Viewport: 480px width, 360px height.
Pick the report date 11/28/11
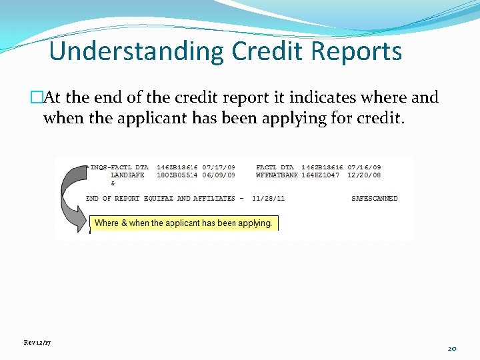[269, 198]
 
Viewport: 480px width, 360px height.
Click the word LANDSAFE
[127, 175]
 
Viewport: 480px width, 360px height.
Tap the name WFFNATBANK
[277, 175]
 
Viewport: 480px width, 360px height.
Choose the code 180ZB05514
[177, 175]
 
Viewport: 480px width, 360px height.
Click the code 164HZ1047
[321, 175]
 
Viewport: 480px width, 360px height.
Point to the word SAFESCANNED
[374, 198]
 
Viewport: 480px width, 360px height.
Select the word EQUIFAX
[159, 198]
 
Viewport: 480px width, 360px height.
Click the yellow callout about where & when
[183, 223]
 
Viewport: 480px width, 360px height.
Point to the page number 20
[452, 348]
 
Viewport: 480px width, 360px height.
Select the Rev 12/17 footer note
[37, 342]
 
